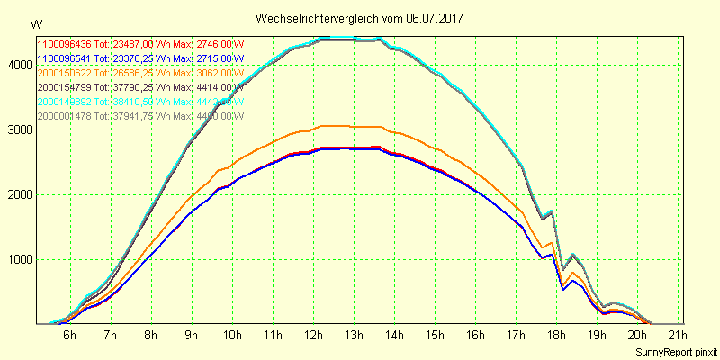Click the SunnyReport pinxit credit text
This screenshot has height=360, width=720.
click(x=676, y=349)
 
